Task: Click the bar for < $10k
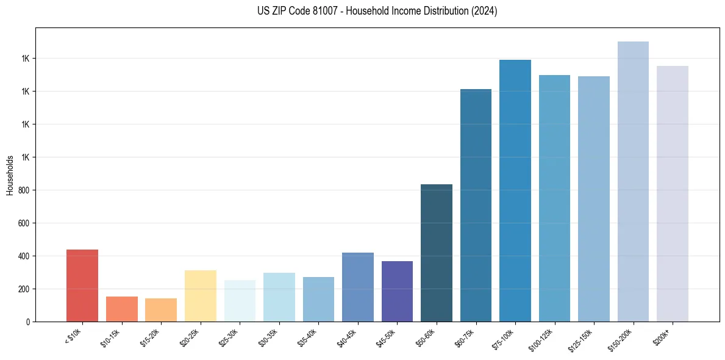pyautogui.click(x=82, y=286)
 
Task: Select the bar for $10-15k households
pyautogui.click(x=122, y=309)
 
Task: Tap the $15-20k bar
pyautogui.click(x=161, y=310)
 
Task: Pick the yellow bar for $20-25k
pyautogui.click(x=201, y=296)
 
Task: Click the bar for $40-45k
pyautogui.click(x=358, y=287)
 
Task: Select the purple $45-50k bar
pyautogui.click(x=397, y=291)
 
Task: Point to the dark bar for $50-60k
pyautogui.click(x=437, y=253)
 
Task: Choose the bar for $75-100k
pyautogui.click(x=515, y=190)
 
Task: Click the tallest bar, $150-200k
pyautogui.click(x=633, y=181)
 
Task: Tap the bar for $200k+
pyautogui.click(x=673, y=193)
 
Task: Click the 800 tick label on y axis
pyautogui.click(x=23, y=190)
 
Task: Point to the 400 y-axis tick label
pyautogui.click(x=23, y=256)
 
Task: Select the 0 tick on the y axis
pyautogui.click(x=27, y=322)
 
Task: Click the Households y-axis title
pyautogui.click(x=10, y=175)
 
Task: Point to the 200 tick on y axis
pyautogui.click(x=23, y=289)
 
